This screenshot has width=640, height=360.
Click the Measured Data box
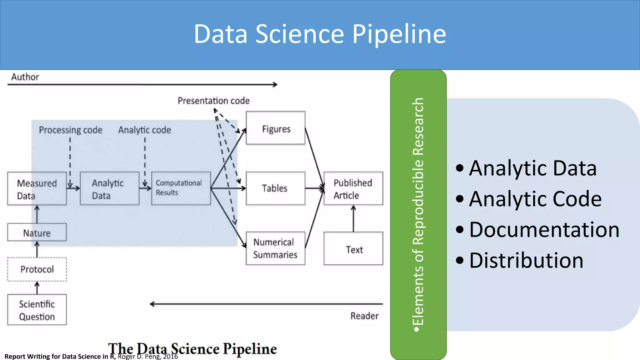tap(37, 188)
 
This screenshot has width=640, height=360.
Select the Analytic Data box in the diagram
tap(109, 188)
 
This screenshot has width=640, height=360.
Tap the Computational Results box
tap(181, 188)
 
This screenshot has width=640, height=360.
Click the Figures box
tap(275, 128)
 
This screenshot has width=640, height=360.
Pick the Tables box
tap(275, 188)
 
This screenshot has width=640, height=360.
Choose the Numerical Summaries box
tap(275, 248)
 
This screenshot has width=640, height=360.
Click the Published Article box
tap(353, 188)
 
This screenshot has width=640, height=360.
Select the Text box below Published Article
tap(353, 249)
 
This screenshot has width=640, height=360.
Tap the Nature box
tap(37, 232)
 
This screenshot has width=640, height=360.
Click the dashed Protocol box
tap(37, 269)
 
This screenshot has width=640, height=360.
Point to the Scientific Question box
tap(37, 310)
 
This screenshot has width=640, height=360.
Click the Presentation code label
tap(214, 101)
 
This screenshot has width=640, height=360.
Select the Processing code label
tap(71, 130)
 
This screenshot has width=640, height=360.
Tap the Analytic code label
tap(145, 130)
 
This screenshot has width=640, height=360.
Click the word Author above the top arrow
tap(25, 77)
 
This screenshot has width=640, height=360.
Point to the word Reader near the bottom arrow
tap(364, 316)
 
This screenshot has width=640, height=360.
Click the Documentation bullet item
tap(544, 230)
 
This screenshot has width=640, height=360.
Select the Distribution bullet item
tap(526, 260)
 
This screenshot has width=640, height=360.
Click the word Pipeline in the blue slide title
tap(399, 34)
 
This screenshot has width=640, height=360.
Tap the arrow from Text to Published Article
tap(353, 219)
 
